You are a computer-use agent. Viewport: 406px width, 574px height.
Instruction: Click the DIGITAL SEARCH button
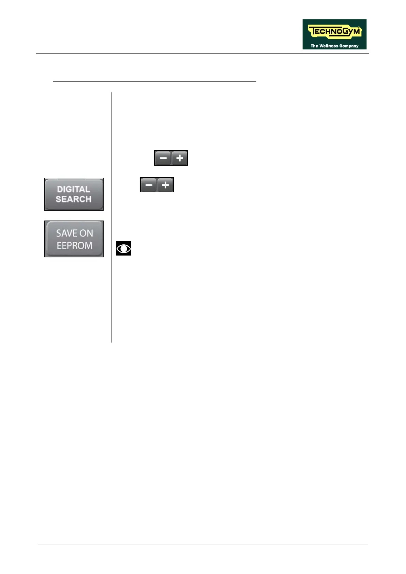pos(74,194)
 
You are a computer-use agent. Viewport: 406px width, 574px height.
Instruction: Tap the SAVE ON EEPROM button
pos(74,239)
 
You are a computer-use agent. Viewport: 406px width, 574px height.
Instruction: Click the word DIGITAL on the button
pos(74,189)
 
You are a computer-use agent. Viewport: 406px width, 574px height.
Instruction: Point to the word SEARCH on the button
pos(74,199)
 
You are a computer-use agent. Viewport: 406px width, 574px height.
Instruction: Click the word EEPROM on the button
pos(74,245)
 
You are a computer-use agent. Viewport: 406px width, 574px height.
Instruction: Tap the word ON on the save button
pos(86,233)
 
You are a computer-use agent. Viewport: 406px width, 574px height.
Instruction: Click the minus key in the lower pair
pos(149,185)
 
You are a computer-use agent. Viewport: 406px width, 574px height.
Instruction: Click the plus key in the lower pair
pos(165,185)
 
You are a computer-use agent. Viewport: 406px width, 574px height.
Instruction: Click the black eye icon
pos(123,248)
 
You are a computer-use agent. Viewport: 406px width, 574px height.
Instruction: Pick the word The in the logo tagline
pos(314,46)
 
